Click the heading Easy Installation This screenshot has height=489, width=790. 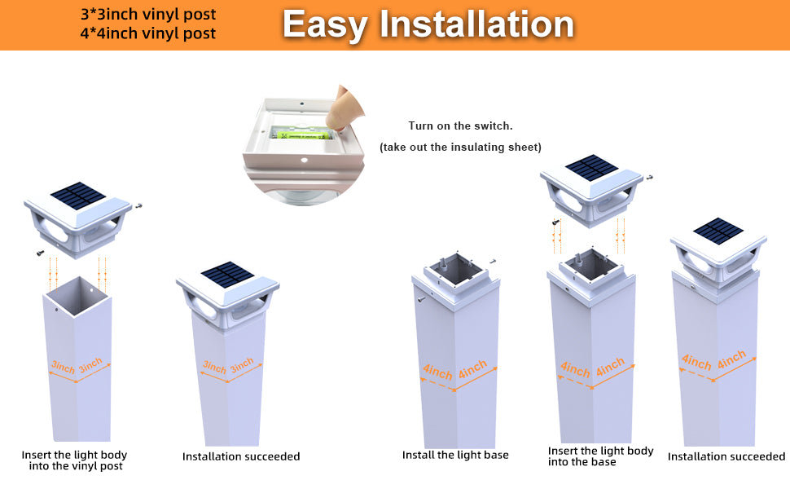pyautogui.click(x=428, y=24)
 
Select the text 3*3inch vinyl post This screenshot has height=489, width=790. pyautogui.click(x=148, y=15)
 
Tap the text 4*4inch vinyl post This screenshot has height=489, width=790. pyautogui.click(x=148, y=33)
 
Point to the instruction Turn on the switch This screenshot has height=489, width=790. pyautogui.click(x=460, y=126)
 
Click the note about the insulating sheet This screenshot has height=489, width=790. pyautogui.click(x=460, y=147)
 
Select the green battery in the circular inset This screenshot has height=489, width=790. pyautogui.click(x=301, y=132)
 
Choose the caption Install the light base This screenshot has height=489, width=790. pyautogui.click(x=455, y=455)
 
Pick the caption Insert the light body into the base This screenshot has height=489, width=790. pyautogui.click(x=600, y=456)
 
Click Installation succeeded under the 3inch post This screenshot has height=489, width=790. pyautogui.click(x=241, y=456)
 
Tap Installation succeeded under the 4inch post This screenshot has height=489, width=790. pyautogui.click(x=726, y=456)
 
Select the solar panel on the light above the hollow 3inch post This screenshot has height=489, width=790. pyautogui.click(x=78, y=195)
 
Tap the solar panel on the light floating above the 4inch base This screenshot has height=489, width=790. pyautogui.click(x=591, y=168)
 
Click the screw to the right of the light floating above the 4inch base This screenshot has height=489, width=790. pyautogui.click(x=649, y=178)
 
